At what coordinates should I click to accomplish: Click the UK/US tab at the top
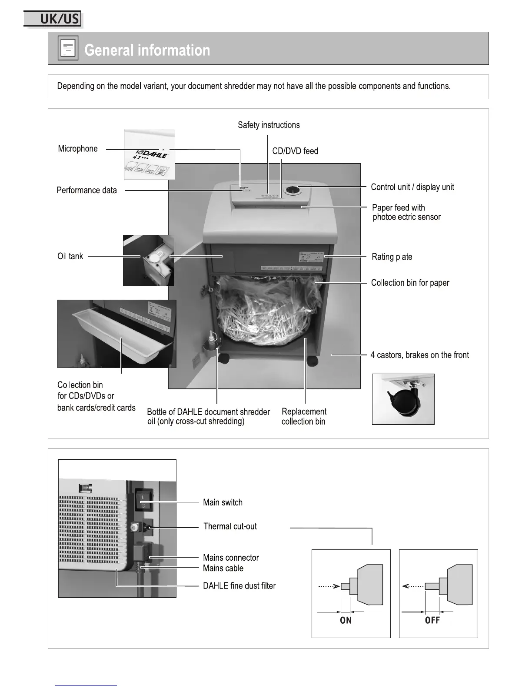(x=53, y=19)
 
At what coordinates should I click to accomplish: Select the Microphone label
(x=78, y=149)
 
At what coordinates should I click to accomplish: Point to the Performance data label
(x=86, y=190)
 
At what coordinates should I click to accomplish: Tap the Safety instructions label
(x=269, y=125)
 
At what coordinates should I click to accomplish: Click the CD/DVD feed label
(x=295, y=151)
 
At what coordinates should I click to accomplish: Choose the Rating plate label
(x=392, y=257)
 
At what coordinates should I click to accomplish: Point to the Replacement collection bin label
(x=304, y=416)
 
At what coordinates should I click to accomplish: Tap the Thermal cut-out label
(x=230, y=526)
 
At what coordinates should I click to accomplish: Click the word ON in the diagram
(x=346, y=620)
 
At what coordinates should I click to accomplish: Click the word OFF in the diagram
(x=432, y=620)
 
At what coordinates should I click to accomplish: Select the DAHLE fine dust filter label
(x=239, y=586)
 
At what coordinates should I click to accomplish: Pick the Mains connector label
(x=231, y=558)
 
